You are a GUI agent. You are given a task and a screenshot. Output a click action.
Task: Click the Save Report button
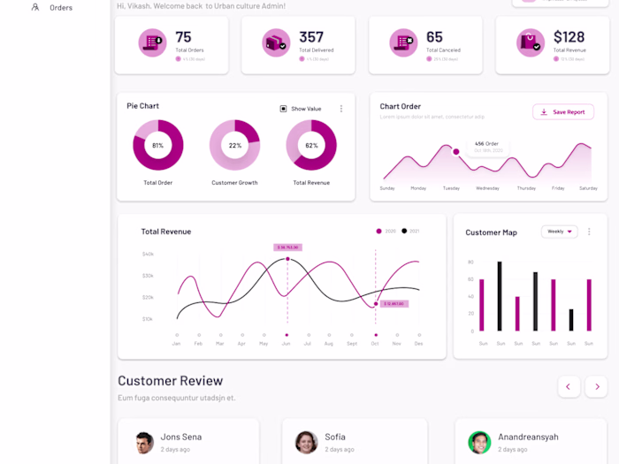tap(563, 112)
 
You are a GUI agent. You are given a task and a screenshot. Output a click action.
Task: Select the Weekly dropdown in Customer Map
tap(559, 232)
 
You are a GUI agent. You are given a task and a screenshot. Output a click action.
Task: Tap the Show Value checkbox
tap(284, 109)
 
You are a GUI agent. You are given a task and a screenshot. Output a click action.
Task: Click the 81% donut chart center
tap(157, 145)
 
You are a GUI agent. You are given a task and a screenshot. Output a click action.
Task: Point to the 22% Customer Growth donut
tap(234, 145)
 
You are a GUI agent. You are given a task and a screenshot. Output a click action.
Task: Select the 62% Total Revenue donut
tap(311, 145)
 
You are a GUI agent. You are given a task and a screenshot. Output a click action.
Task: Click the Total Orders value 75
tap(183, 37)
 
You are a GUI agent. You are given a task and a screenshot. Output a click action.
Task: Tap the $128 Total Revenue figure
tap(569, 37)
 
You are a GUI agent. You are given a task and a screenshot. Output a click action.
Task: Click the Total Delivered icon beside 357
tap(277, 42)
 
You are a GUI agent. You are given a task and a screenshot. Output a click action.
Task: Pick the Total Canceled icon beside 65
tap(406, 42)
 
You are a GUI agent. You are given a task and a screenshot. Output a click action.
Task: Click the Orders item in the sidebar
tap(61, 8)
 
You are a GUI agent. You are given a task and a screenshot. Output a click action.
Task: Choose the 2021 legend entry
tap(409, 231)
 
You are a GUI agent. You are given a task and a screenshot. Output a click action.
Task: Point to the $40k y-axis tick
tap(148, 254)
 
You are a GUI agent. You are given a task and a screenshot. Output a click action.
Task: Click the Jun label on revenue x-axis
tap(286, 343)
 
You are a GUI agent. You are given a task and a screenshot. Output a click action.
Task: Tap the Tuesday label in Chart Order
tap(451, 188)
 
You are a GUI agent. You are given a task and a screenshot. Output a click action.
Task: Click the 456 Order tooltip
tap(487, 146)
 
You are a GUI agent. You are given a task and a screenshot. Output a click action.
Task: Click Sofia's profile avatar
tap(307, 442)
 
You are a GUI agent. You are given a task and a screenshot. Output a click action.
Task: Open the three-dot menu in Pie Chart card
tap(341, 109)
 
